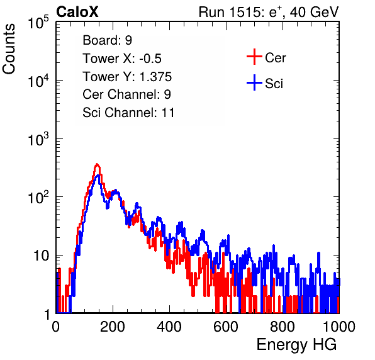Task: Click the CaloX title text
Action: tap(77, 12)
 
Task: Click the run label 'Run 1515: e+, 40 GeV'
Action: tap(269, 12)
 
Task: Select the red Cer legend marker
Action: tap(254, 57)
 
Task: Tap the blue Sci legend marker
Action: tap(254, 82)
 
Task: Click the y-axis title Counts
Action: tap(9, 49)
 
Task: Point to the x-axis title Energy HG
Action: tap(297, 345)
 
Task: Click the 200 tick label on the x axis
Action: tap(113, 327)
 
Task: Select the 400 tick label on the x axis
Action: tap(169, 327)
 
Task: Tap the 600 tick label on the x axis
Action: tap(226, 327)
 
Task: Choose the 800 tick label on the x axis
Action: tap(283, 327)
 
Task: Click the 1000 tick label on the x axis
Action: tap(339, 327)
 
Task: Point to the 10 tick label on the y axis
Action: tap(42, 256)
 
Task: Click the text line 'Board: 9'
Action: tap(107, 40)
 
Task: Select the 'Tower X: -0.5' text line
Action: tap(122, 59)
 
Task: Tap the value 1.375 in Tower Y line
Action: tap(155, 77)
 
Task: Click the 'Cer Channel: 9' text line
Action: tap(126, 94)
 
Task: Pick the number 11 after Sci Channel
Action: tap(168, 113)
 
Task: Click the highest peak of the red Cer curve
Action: tap(97, 164)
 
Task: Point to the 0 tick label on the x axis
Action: tap(56, 327)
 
